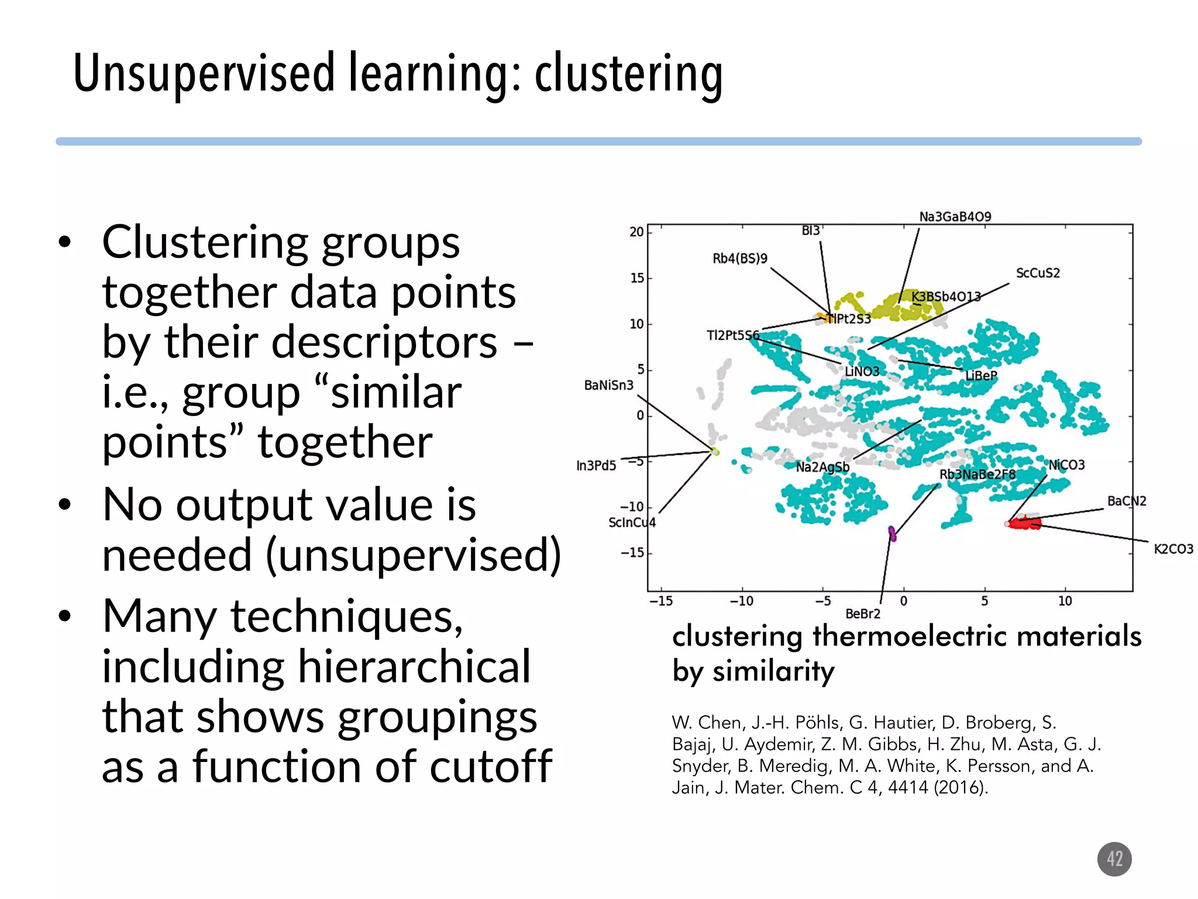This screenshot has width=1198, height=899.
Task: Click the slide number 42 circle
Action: click(x=1114, y=859)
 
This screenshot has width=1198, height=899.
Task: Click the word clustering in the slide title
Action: click(x=628, y=74)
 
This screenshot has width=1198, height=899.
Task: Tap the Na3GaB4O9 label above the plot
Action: click(x=955, y=217)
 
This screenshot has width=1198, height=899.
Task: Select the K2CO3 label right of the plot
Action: click(x=1173, y=548)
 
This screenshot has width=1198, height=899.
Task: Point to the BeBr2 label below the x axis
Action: click(x=862, y=613)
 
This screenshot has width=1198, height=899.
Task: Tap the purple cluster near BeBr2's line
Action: click(x=892, y=533)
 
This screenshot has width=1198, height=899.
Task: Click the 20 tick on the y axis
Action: click(x=636, y=232)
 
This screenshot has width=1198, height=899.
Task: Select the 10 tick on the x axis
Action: click(x=1065, y=601)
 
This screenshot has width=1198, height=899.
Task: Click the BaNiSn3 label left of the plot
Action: click(x=608, y=385)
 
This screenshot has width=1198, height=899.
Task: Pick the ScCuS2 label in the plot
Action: click(x=1037, y=273)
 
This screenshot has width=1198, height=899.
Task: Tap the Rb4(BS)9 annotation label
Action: click(x=739, y=258)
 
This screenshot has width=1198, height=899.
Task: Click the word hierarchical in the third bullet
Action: click(x=414, y=666)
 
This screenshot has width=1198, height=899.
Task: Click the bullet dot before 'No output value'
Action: click(x=64, y=504)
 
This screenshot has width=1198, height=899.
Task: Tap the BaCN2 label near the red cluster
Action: click(x=1126, y=501)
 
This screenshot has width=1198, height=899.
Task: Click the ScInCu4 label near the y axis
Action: click(x=632, y=522)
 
